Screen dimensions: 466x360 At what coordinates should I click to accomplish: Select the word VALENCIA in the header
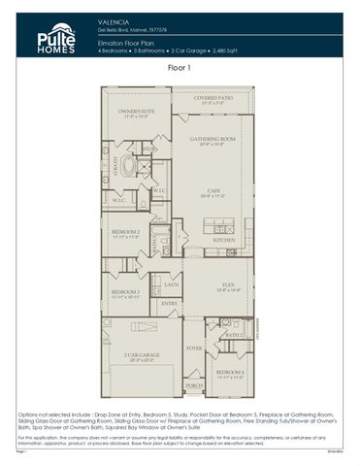click(114, 19)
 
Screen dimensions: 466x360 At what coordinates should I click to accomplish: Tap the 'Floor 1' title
click(180, 68)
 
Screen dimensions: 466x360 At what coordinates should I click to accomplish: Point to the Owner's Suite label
click(136, 113)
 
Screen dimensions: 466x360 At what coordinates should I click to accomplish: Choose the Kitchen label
click(224, 239)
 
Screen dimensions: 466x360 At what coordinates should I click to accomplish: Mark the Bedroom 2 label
click(125, 233)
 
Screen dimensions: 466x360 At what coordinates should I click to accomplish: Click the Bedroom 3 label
click(125, 292)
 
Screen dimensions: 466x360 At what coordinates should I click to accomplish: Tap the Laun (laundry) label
click(171, 285)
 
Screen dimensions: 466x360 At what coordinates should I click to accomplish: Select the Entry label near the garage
click(169, 303)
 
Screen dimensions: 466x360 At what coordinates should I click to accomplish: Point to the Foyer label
click(195, 347)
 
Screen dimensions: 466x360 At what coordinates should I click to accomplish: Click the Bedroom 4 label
click(230, 373)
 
